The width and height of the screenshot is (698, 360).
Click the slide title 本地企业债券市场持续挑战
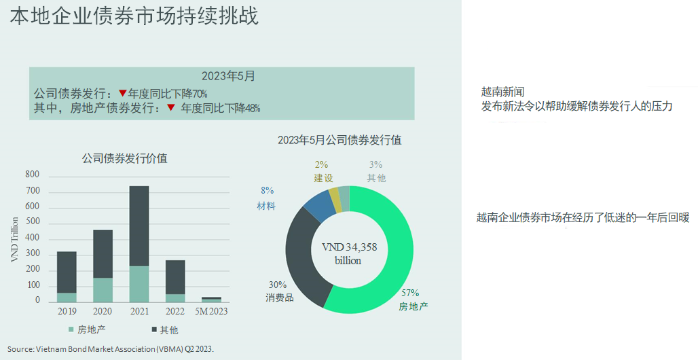134,16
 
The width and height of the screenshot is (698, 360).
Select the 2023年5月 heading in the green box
228,76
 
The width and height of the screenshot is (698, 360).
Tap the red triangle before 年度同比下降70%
122,93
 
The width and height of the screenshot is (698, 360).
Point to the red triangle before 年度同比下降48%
171,107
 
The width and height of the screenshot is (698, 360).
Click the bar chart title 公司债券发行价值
124,158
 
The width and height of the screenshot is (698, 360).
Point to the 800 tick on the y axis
33,175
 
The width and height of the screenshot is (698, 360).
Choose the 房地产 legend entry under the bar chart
88,330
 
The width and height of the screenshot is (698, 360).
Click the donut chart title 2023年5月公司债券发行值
339,141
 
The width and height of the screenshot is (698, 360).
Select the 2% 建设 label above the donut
321,171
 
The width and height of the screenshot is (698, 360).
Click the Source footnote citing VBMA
111,348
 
